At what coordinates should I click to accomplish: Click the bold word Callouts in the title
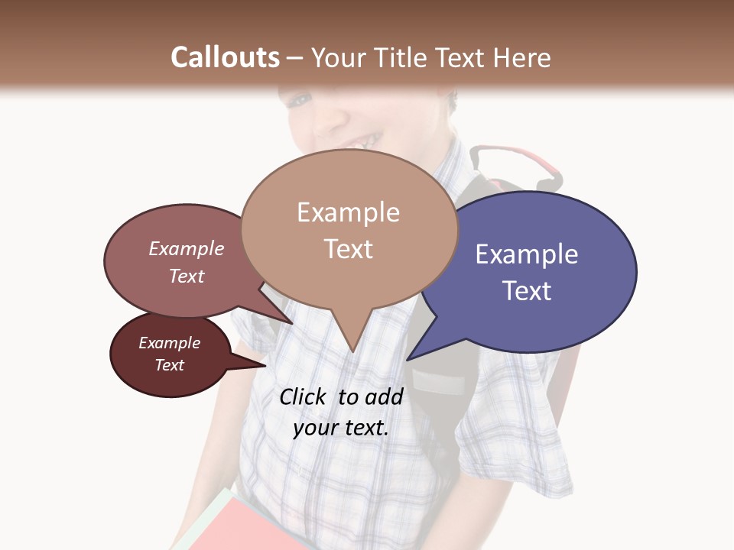click(225, 57)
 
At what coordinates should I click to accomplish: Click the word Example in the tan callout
click(348, 212)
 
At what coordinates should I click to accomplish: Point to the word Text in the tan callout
click(348, 249)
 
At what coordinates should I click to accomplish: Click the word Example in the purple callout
click(527, 254)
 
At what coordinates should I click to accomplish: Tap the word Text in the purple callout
click(527, 291)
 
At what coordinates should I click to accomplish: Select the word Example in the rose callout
click(187, 248)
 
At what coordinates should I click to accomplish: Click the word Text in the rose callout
click(187, 276)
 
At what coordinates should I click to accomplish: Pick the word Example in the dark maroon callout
click(170, 343)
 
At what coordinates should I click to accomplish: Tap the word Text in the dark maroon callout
click(170, 365)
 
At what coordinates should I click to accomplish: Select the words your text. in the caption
click(341, 429)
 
